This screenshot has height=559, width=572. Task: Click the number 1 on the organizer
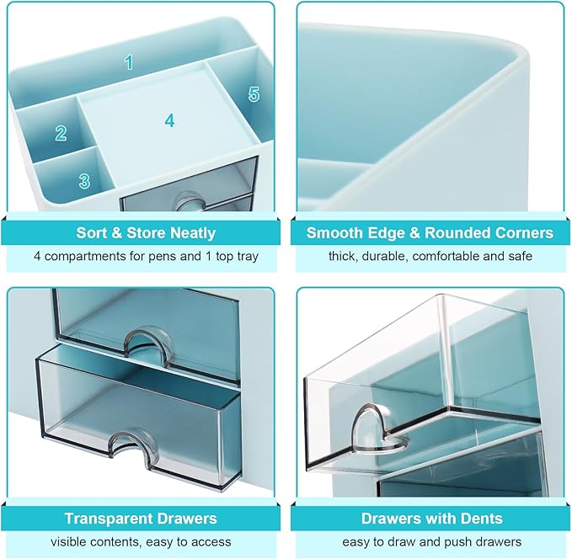pos(129,61)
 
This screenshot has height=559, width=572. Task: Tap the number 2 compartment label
pos(61,133)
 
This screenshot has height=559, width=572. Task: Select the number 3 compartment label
pos(84,181)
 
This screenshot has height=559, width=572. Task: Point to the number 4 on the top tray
pos(169,120)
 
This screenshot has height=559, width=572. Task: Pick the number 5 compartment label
pos(254,94)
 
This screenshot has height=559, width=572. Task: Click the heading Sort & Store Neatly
pos(146,233)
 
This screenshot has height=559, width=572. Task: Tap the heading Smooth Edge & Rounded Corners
pos(430,233)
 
